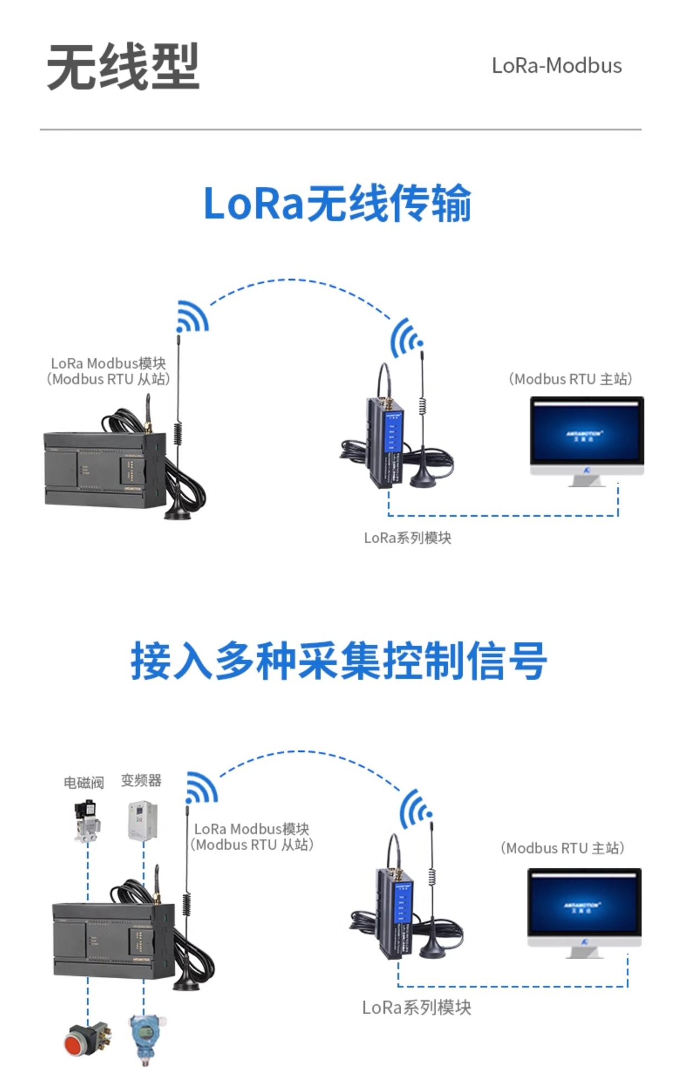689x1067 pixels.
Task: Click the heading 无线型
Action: point(123,67)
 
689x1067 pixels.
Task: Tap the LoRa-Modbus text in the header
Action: point(556,66)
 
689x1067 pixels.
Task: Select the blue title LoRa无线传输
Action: point(337,203)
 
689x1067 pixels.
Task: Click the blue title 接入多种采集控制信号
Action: point(339,660)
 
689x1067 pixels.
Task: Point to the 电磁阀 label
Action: point(83,782)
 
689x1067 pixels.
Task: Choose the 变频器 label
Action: point(141,780)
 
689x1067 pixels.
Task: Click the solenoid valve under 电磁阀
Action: point(87,821)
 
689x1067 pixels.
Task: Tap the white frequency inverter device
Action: point(142,820)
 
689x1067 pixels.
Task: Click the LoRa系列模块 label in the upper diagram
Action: point(407,538)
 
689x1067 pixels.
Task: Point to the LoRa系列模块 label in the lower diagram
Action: point(416,1008)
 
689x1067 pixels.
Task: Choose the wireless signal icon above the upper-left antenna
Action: point(192,317)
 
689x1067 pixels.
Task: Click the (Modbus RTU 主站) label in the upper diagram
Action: point(570,379)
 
